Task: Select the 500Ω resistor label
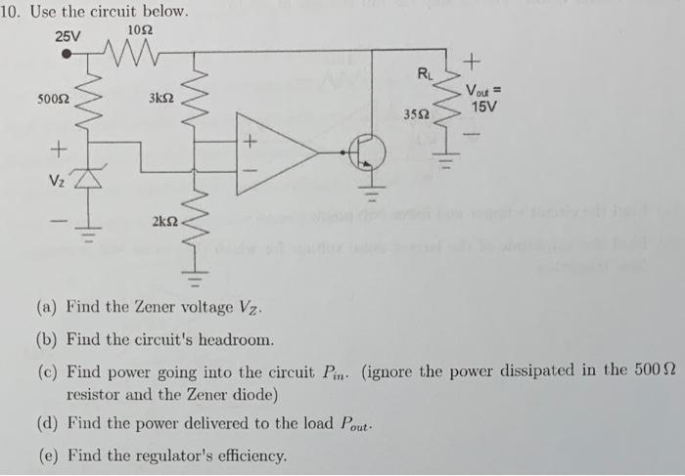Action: click(53, 101)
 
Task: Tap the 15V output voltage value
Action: click(484, 106)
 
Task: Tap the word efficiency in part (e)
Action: click(247, 455)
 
